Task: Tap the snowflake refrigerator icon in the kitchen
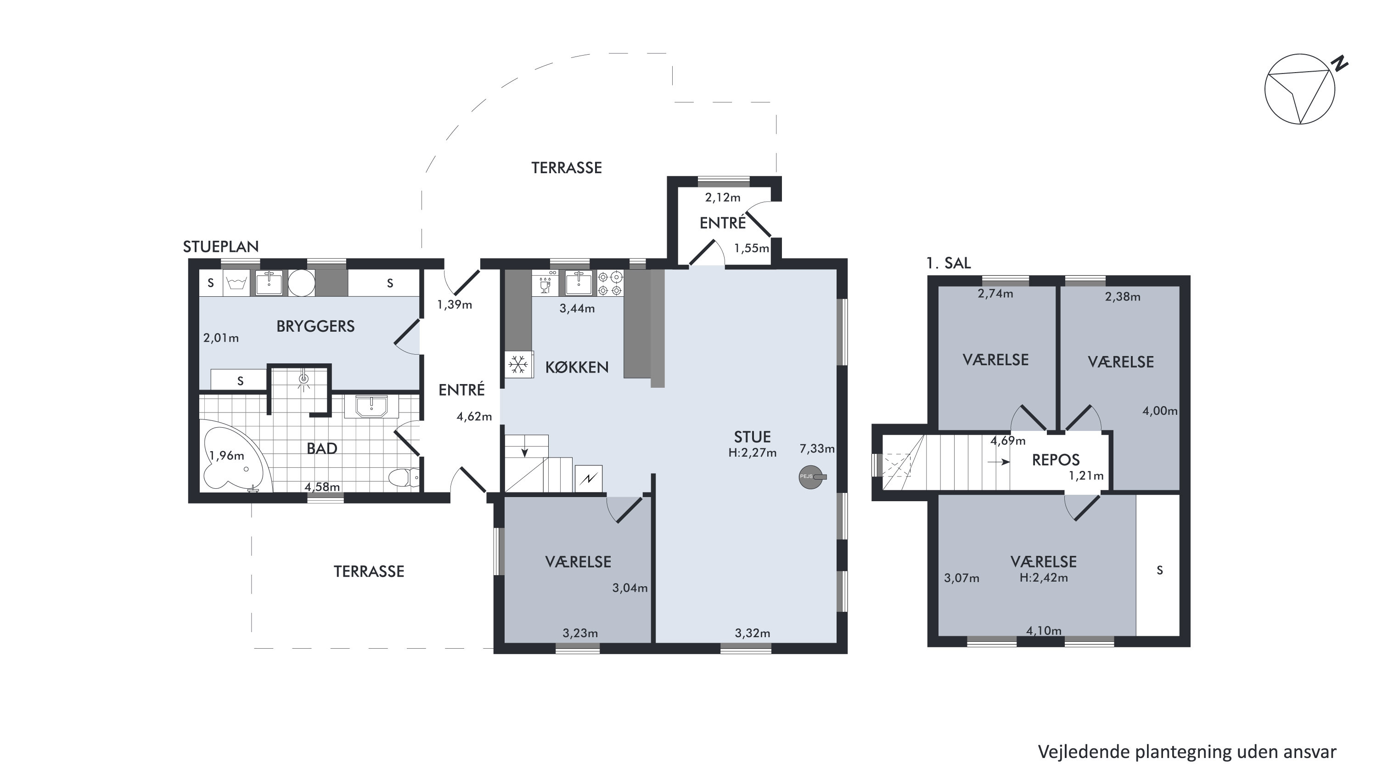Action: coord(517,365)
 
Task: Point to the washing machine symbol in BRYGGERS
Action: coord(236,283)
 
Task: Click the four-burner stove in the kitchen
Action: coord(610,283)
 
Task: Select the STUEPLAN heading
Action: coord(221,247)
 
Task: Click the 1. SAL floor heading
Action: coord(949,263)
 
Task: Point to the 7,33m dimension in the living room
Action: coord(817,449)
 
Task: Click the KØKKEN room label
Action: coord(577,368)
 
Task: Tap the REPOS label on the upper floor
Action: coord(1056,460)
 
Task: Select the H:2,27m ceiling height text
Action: coord(752,453)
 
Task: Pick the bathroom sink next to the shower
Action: coord(371,407)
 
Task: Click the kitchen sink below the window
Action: coord(579,283)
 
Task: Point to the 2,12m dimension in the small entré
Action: coord(723,198)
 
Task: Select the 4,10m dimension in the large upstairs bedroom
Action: coord(1044,631)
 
